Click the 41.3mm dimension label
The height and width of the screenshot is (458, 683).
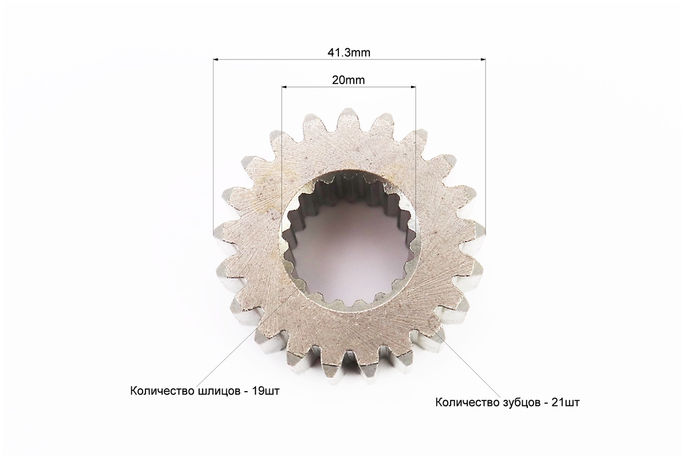[x=349, y=53]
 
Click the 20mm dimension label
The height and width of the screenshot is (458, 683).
[x=349, y=80]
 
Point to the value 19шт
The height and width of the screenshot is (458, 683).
[x=265, y=390]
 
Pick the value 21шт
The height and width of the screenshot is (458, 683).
[x=566, y=402]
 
